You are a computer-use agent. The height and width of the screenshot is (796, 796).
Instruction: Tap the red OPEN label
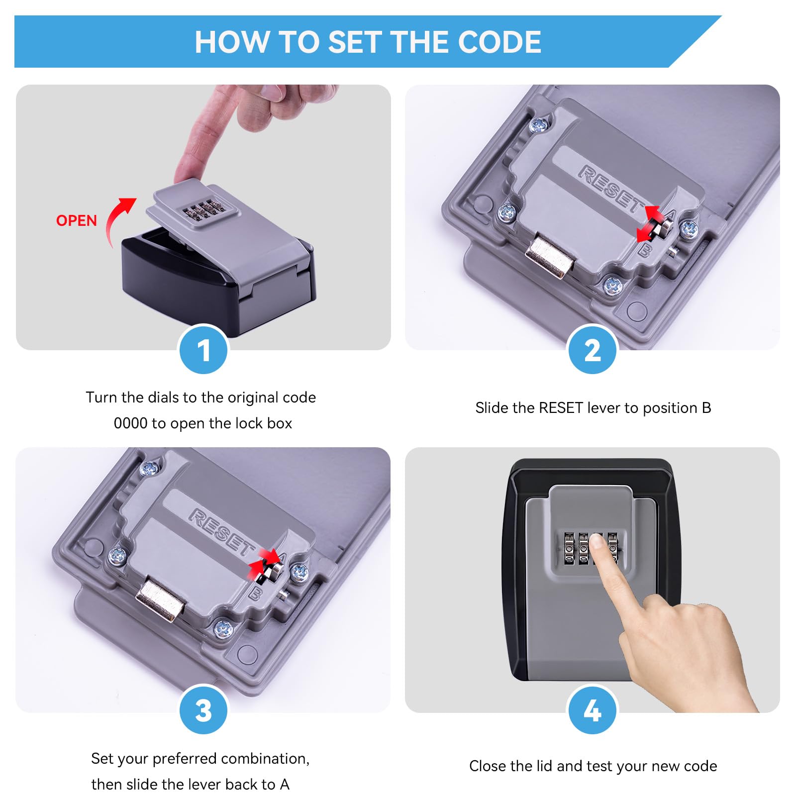click(76, 220)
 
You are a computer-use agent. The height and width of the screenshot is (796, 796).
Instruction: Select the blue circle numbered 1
click(203, 349)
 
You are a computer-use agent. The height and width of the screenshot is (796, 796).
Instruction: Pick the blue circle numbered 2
click(592, 349)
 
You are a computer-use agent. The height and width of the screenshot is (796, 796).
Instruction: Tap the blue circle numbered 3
click(203, 710)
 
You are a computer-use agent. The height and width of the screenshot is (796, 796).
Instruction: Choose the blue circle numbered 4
click(592, 710)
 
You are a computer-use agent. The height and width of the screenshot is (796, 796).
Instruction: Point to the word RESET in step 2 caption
click(561, 408)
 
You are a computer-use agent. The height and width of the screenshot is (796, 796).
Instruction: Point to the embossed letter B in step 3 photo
click(255, 593)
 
